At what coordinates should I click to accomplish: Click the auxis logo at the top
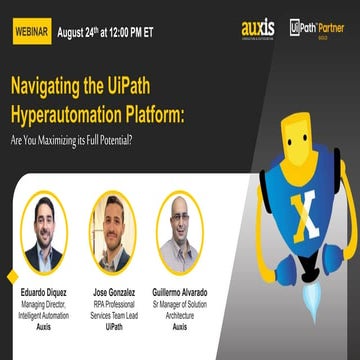[258, 28]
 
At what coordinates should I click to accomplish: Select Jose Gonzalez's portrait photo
[111, 232]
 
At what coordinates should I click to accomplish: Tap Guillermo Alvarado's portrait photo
[180, 232]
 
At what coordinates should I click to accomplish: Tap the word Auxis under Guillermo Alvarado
[180, 326]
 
